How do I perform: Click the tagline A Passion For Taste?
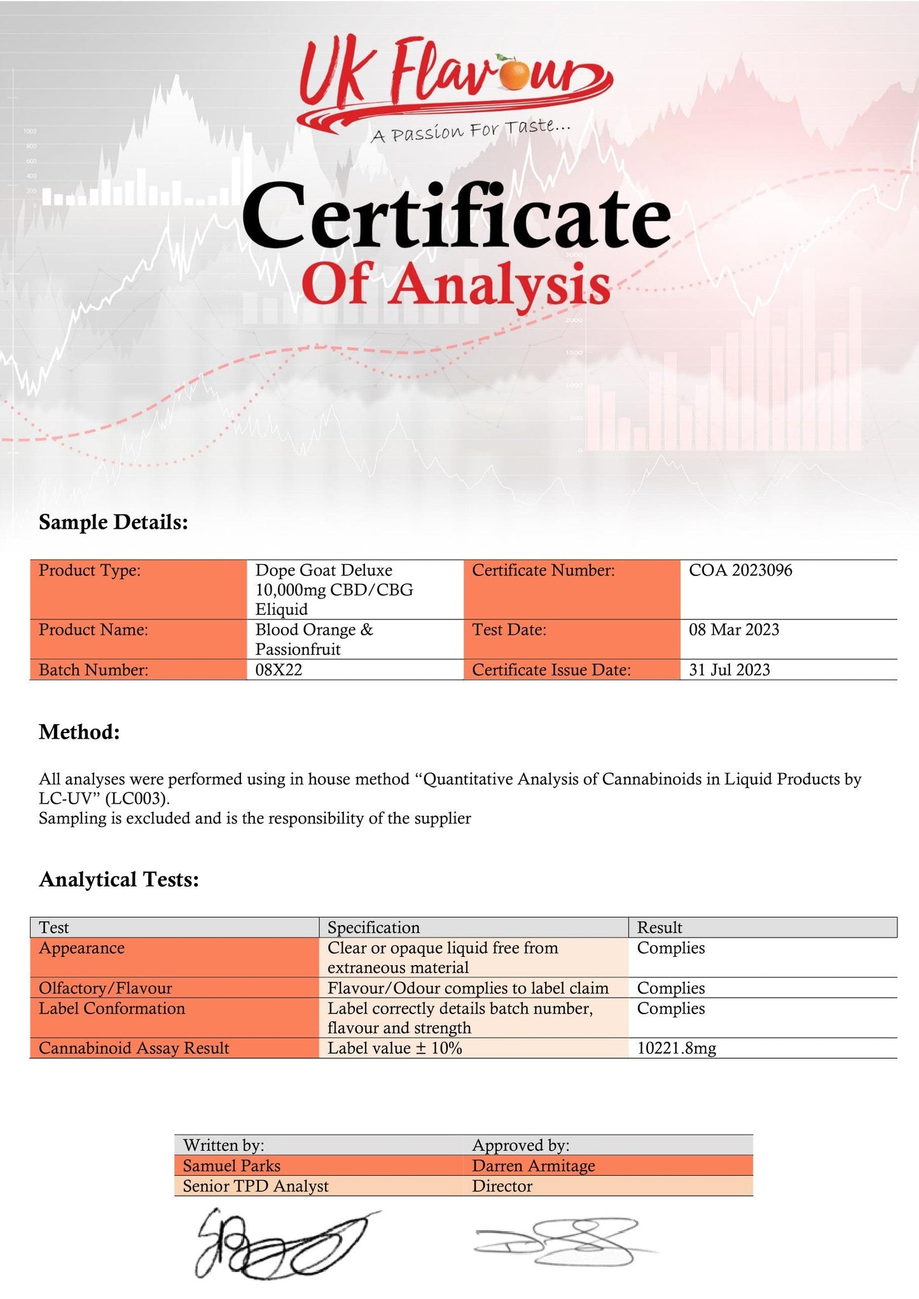pos(471,130)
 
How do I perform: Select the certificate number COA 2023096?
pos(740,570)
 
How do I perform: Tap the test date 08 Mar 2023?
pos(733,629)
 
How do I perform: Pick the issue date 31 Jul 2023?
pos(729,670)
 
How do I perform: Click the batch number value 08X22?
pos(279,670)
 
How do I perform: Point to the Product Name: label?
pos(93,629)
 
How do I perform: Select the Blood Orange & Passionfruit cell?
pos(314,639)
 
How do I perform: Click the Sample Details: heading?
pos(113,522)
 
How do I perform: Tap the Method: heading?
pos(79,732)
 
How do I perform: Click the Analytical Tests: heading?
pos(119,879)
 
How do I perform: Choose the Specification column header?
pos(373,927)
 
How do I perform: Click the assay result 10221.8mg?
pos(676,1048)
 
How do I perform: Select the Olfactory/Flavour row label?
pos(105,988)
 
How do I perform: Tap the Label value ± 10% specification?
pos(394,1048)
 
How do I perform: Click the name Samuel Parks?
pos(231,1165)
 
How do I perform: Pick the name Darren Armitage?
pos(533,1165)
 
